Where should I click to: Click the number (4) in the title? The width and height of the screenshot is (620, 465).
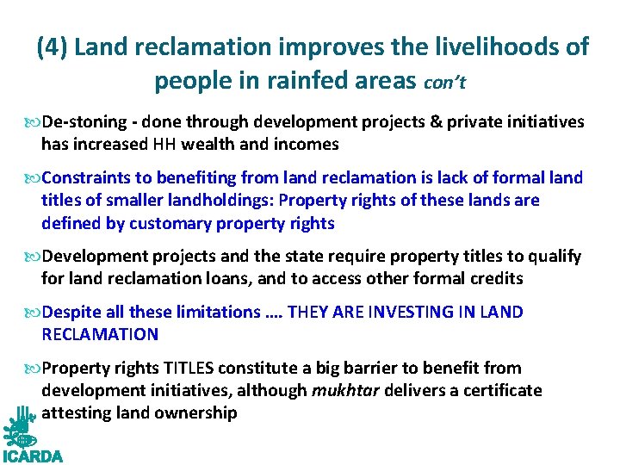(53, 47)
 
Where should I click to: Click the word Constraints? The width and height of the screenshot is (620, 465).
(86, 178)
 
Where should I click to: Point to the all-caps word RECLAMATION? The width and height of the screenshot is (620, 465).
(100, 334)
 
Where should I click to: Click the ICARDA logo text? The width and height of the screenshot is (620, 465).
(33, 456)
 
